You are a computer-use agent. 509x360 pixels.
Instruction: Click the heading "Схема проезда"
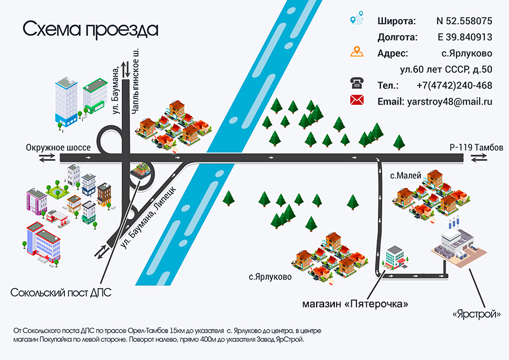tap(90, 29)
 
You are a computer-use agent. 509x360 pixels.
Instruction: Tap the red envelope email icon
tap(357, 100)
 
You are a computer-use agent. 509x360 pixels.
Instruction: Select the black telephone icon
tap(357, 84)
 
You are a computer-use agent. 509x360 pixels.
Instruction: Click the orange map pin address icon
tap(357, 52)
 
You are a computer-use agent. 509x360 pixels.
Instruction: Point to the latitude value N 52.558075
tap(464, 21)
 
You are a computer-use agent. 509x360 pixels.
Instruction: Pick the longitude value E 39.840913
tap(465, 37)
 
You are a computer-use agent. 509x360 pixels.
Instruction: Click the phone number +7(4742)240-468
tap(455, 85)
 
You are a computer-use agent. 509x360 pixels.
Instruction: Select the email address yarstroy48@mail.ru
tap(450, 102)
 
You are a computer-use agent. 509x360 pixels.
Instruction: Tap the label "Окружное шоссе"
tap(58, 148)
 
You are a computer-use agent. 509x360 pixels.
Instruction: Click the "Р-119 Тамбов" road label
tap(476, 148)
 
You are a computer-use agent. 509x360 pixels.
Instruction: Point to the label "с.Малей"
tap(406, 176)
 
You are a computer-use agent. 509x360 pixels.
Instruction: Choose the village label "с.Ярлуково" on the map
tap(270, 277)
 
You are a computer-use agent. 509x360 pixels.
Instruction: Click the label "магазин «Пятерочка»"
tap(355, 304)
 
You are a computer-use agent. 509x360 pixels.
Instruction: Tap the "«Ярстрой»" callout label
tap(477, 314)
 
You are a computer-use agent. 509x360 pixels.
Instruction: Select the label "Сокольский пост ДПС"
tap(61, 293)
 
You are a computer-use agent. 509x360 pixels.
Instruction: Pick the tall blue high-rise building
tap(66, 102)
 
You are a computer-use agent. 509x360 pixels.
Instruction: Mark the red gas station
tap(57, 217)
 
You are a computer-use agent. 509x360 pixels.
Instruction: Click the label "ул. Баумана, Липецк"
tap(148, 217)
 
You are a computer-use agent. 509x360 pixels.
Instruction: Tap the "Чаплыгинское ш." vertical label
tap(135, 82)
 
